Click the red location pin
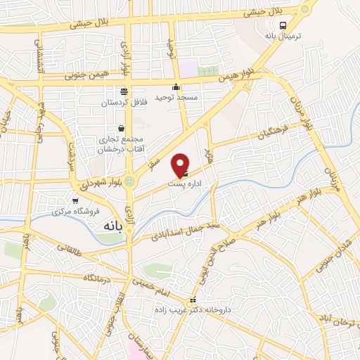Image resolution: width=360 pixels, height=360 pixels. coord(181,165)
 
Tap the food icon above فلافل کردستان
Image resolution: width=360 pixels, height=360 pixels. coord(124,91)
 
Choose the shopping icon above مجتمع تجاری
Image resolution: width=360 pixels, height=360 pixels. coord(122,128)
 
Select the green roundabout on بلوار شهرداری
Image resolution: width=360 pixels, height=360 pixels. coord(129,181)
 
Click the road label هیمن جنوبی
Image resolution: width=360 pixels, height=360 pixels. coord(86,74)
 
